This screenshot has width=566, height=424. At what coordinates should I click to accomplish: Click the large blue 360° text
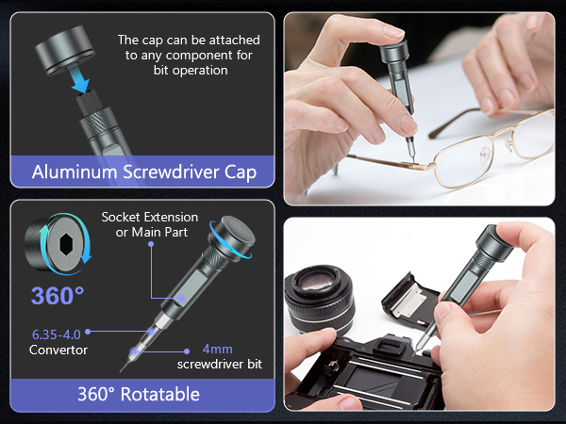point(58,296)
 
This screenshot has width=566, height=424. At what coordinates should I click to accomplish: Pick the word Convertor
point(58,350)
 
